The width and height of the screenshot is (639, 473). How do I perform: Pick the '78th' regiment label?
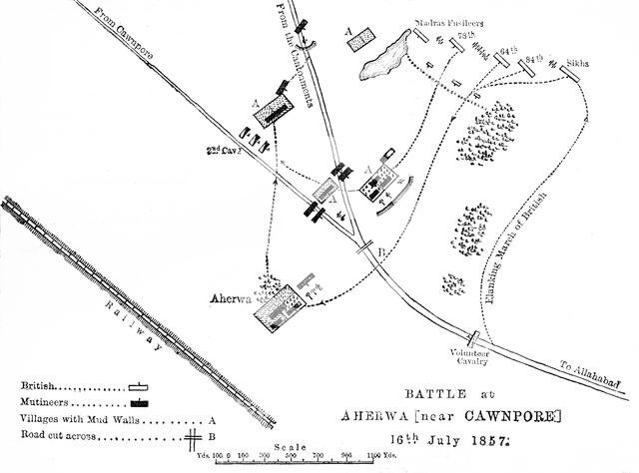click(x=463, y=35)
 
